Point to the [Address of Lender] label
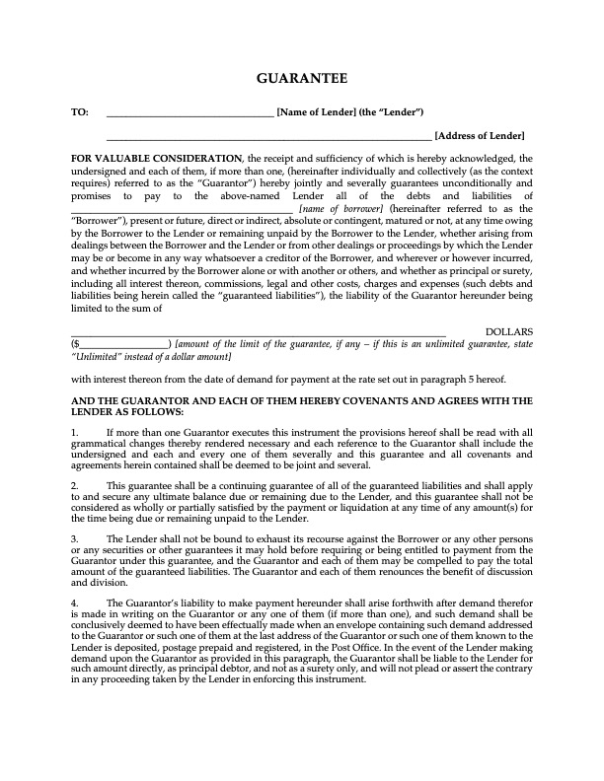[480, 135]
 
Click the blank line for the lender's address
[268, 138]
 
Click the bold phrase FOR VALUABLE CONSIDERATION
[157, 158]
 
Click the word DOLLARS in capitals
[509, 331]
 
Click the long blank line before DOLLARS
[259, 334]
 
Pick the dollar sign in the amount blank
[74, 344]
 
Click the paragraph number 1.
[75, 432]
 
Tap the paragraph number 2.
[75, 486]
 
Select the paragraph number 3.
[75, 538]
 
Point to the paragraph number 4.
[75, 603]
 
